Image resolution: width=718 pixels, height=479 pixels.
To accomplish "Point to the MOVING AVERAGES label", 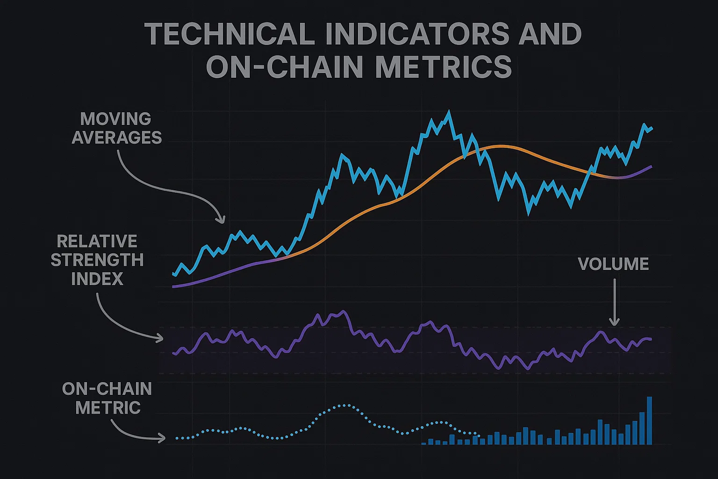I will (x=116, y=128).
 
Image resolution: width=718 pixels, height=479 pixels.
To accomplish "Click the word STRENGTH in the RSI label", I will (x=97, y=260).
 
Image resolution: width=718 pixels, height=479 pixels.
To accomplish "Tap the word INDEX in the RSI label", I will (x=97, y=279).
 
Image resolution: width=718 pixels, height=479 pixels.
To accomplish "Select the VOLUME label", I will (x=613, y=264).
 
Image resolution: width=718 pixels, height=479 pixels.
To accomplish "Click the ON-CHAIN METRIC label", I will (x=107, y=398).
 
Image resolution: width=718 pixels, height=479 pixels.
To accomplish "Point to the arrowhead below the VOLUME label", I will (x=614, y=322).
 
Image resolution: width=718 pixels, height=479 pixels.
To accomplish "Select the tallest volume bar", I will (x=649, y=420).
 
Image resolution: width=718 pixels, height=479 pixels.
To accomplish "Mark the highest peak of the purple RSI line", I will (x=345, y=311).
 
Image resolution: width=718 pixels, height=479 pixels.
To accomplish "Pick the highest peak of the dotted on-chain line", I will (x=345, y=405).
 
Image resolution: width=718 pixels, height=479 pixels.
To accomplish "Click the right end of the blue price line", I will (x=652, y=128).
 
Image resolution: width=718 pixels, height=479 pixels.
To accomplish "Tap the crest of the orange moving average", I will (x=499, y=146).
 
